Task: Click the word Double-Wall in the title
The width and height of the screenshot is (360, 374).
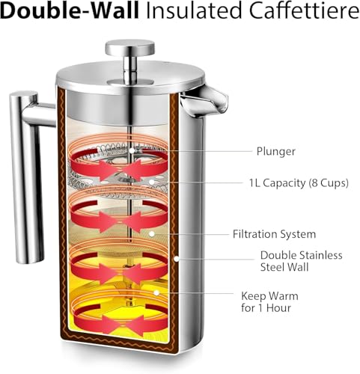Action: pyautogui.click(x=70, y=10)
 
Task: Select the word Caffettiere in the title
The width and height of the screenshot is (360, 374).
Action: pyautogui.click(x=304, y=10)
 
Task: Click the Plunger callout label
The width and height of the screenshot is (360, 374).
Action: pyautogui.click(x=276, y=152)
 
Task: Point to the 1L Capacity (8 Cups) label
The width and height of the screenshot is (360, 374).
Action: pyautogui.click(x=299, y=183)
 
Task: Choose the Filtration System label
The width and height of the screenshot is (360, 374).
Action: pyautogui.click(x=274, y=234)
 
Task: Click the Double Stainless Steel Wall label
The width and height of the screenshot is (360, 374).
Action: pyautogui.click(x=301, y=261)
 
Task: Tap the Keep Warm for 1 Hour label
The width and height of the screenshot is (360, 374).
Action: pyautogui.click(x=269, y=302)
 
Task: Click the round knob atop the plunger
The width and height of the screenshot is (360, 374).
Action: pyautogui.click(x=129, y=48)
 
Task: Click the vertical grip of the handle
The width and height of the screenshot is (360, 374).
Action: pyautogui.click(x=26, y=177)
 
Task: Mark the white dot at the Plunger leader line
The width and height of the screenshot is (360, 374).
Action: pyautogui.click(x=132, y=151)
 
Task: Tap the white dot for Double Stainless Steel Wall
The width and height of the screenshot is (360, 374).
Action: pyautogui.click(x=177, y=259)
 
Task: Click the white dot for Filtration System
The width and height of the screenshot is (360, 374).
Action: pyautogui.click(x=151, y=234)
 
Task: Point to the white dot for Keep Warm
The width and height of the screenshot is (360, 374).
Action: pyautogui.click(x=156, y=292)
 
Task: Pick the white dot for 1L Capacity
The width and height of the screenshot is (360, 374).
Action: pyautogui.click(x=151, y=183)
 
